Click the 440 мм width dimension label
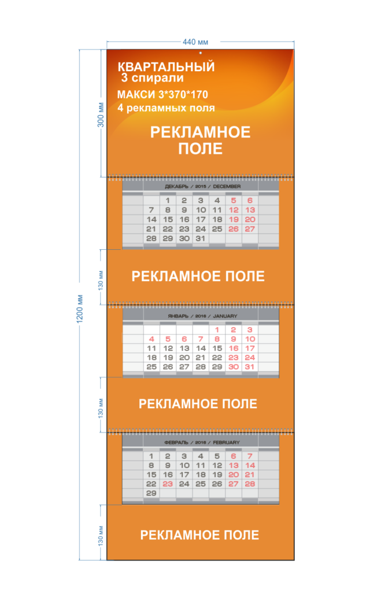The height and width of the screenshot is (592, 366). point(195,42)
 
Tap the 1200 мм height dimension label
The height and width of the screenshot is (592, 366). point(80,309)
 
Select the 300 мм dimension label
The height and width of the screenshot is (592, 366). point(101,115)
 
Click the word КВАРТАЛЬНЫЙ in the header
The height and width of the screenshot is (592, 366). point(166,67)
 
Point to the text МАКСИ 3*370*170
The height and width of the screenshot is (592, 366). point(162,94)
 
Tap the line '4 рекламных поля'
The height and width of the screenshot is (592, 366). point(166,108)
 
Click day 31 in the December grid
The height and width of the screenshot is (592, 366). point(201,239)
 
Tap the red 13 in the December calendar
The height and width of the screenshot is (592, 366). point(250,210)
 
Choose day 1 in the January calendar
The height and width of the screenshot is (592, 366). point(217,330)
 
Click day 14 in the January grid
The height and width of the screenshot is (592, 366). point(201,348)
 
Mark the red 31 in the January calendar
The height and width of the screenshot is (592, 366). point(250,367)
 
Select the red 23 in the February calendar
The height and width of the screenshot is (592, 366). point(168,484)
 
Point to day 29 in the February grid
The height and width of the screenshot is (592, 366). point(151,493)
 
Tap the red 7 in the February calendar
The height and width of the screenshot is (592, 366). point(250,456)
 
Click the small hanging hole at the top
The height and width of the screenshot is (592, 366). point(200,53)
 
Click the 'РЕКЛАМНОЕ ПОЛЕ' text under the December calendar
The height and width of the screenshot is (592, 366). point(198,276)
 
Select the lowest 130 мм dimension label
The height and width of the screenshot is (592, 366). point(101,535)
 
